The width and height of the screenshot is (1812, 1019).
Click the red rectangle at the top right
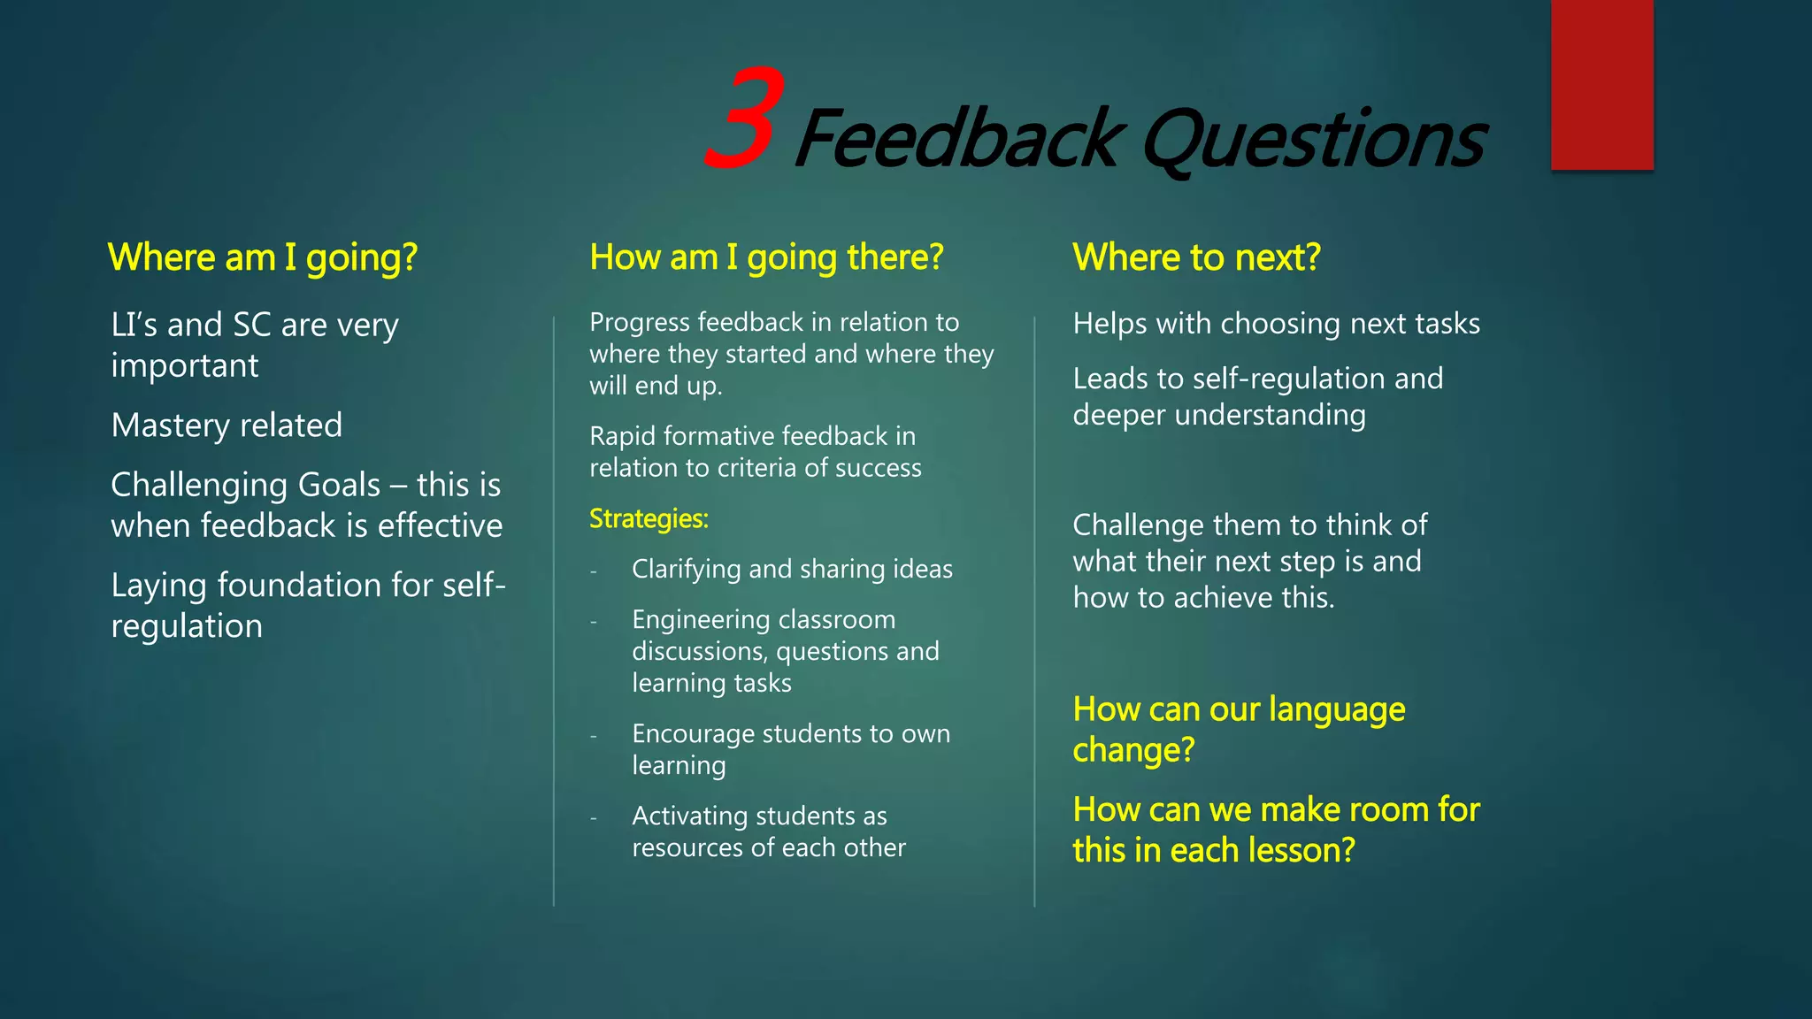click(1601, 84)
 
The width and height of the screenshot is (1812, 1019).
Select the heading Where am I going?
click(263, 257)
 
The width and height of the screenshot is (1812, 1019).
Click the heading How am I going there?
click(766, 257)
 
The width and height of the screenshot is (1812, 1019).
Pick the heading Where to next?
click(1196, 257)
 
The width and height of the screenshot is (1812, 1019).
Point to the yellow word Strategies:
click(649, 518)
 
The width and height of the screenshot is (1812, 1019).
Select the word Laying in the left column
click(158, 586)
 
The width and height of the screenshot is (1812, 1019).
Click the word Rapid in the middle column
click(622, 436)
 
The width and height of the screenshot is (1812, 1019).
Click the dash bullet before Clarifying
click(595, 571)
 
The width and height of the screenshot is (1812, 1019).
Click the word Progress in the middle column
click(638, 322)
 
